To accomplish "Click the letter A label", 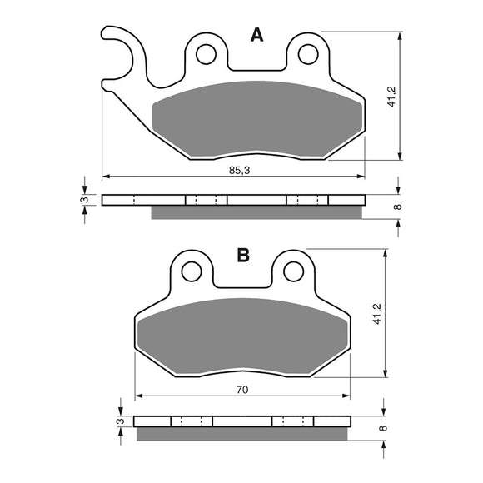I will point(256,35).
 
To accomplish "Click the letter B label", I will point(243,256).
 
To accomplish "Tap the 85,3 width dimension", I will point(237,170).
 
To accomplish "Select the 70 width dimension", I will point(242,388).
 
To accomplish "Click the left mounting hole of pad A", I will point(205,54).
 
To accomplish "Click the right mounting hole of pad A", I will point(307,54).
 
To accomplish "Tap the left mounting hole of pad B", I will point(192,271).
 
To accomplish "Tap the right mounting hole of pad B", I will point(292,271).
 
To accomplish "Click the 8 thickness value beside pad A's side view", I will point(398,207).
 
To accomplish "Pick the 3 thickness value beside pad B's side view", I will point(119,421).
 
